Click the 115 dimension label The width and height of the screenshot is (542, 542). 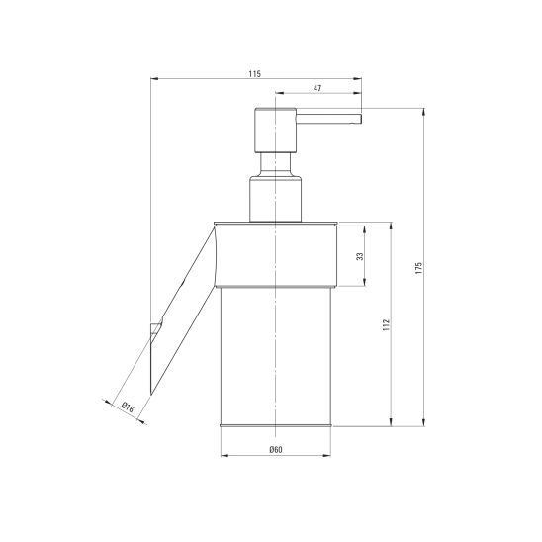coord(255,74)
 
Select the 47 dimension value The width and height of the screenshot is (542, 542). coord(317,88)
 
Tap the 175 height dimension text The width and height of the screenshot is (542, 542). coord(419,268)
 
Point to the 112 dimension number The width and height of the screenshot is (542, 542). coord(386,325)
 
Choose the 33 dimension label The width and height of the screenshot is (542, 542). coord(360,256)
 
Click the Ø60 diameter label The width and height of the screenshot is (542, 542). coord(276,449)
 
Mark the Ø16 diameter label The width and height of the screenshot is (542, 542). coord(128,407)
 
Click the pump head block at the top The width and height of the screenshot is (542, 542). coord(276,131)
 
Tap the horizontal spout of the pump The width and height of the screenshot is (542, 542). coord(328,119)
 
